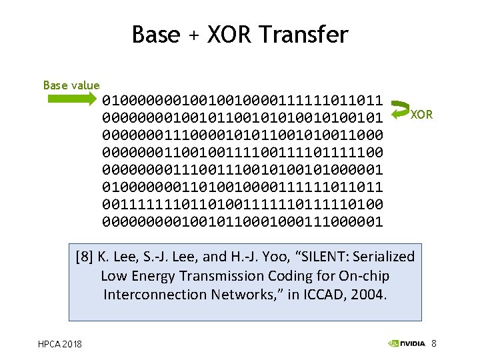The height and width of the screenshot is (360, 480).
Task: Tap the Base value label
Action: coord(71,85)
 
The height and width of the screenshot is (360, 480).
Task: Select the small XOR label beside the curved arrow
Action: coord(421,115)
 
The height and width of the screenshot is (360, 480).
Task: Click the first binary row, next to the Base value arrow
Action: coord(243,101)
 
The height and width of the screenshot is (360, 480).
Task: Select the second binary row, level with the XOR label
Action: coord(243,119)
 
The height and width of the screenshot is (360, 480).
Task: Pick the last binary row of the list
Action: coord(243,221)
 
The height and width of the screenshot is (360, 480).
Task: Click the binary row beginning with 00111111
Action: coord(243,203)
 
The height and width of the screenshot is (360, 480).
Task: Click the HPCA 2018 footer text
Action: coord(60,343)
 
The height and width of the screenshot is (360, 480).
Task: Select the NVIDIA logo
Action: coord(406,343)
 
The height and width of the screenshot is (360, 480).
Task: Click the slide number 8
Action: coord(434,343)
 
